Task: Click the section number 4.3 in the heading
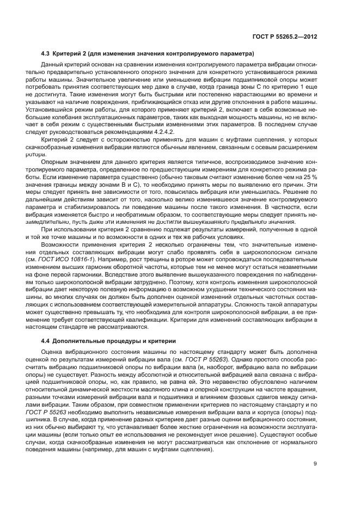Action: [x=46, y=54]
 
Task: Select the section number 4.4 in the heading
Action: [x=46, y=340]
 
